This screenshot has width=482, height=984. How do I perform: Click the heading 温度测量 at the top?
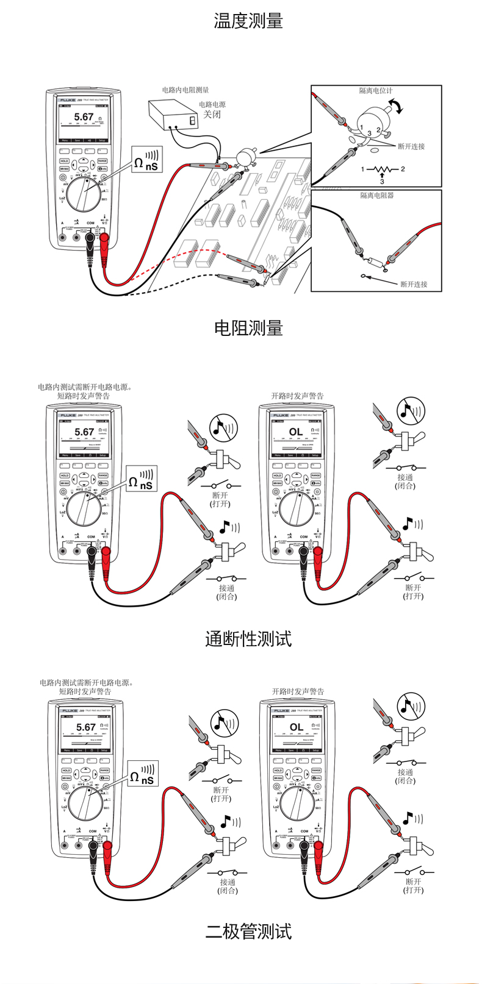point(248,21)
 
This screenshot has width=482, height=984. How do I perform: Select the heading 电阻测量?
point(248,328)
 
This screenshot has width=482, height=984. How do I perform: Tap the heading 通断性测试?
point(248,639)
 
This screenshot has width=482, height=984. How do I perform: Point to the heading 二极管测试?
point(248,932)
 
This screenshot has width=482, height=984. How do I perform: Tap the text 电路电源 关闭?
point(212,110)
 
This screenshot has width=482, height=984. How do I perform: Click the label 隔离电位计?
point(376,91)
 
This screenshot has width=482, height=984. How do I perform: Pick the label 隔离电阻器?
point(376,196)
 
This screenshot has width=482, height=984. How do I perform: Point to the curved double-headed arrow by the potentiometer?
point(397,107)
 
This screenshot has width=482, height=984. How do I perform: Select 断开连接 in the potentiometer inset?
point(411,146)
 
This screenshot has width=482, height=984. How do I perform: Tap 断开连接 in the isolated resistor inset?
point(413,284)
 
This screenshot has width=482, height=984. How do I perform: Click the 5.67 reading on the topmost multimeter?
point(84,117)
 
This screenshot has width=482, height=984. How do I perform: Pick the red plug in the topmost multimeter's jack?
point(104,238)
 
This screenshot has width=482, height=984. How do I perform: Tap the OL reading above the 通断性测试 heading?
point(296,432)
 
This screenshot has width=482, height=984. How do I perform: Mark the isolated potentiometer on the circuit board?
point(246,155)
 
